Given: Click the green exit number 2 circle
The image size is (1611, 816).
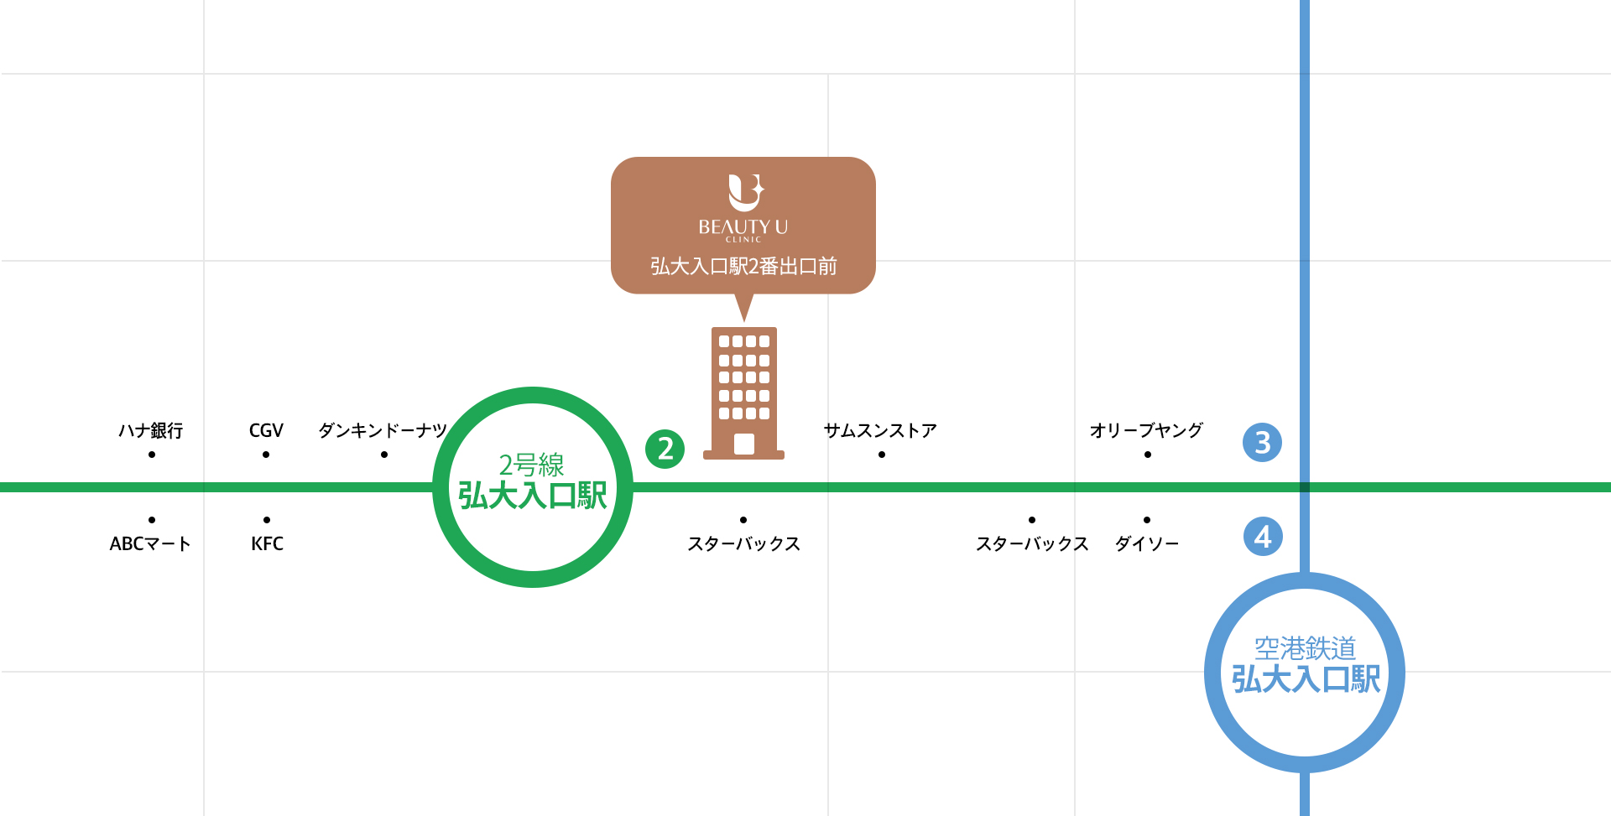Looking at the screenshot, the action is click(x=665, y=449).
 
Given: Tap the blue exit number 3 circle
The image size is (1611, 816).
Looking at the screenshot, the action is click(x=1262, y=443).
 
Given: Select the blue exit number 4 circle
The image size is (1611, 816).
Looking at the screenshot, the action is click(x=1263, y=536).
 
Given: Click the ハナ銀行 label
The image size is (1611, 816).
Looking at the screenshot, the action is click(x=151, y=430).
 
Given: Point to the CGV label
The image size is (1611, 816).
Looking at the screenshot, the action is click(x=266, y=430).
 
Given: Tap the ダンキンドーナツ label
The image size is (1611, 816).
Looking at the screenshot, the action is click(x=383, y=430).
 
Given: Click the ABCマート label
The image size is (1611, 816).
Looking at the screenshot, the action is click(x=150, y=543).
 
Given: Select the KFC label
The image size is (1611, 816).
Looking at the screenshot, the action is click(x=267, y=543).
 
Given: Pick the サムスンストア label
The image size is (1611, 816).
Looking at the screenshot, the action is click(x=880, y=430).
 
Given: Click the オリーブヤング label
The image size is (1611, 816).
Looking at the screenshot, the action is click(x=1146, y=430).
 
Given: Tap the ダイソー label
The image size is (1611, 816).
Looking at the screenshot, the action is click(x=1147, y=543).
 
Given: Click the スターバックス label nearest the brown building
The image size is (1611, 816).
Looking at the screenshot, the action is click(x=743, y=543).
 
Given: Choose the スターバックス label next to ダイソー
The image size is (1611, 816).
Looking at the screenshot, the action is click(x=1032, y=543).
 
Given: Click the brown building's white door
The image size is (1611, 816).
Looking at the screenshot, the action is click(x=744, y=444).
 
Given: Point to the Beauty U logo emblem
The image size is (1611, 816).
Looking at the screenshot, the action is click(x=745, y=192).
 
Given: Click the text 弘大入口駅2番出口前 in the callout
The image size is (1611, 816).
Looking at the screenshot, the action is click(x=743, y=267).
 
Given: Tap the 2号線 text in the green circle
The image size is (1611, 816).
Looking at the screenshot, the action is click(x=532, y=465).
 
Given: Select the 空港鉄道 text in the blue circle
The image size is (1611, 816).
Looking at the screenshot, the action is click(x=1305, y=648).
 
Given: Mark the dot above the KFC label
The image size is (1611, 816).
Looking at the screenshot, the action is click(x=267, y=520).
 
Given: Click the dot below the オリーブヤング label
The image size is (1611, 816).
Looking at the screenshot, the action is click(x=1147, y=455).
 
